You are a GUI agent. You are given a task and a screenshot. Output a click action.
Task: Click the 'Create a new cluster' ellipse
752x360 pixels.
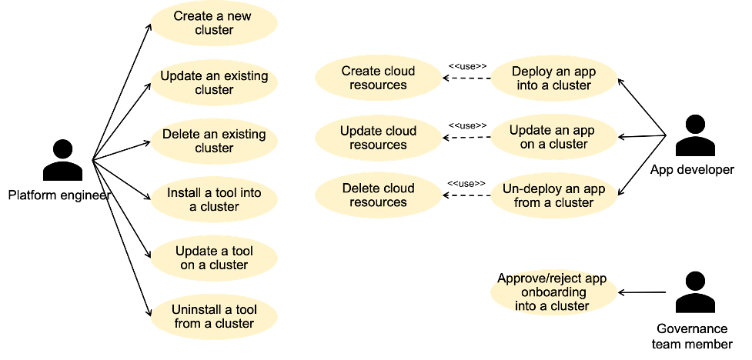[x=214, y=23]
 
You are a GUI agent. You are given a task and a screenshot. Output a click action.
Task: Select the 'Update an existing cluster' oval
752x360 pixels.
[x=214, y=82]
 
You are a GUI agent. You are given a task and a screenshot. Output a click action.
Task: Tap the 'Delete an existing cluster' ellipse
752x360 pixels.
[x=214, y=141]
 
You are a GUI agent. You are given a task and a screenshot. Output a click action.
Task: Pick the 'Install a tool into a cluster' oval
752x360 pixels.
[x=214, y=199]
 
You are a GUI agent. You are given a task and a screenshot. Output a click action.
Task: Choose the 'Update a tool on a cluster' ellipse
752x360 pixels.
[x=214, y=258]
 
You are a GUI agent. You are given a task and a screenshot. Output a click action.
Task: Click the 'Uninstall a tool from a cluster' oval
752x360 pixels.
[x=214, y=316]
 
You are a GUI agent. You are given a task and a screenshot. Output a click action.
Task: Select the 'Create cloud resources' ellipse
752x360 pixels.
[x=378, y=78]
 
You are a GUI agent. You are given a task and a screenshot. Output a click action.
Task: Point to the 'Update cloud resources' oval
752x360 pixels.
[x=378, y=137]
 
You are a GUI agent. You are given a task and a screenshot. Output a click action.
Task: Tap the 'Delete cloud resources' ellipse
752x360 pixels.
[x=378, y=195]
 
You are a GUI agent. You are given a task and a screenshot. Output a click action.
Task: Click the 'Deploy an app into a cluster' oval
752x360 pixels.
[x=553, y=78]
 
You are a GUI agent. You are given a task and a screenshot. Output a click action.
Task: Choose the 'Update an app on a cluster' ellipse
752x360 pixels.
[x=553, y=137]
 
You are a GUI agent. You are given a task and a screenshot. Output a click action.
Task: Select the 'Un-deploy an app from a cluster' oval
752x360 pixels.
[x=553, y=195]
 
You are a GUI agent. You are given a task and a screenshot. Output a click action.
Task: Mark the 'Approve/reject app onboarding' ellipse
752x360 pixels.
[x=553, y=292]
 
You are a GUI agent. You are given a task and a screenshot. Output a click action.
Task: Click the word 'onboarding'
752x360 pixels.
[x=553, y=292]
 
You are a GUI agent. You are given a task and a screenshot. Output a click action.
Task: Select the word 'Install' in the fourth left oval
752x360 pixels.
[x=185, y=192]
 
